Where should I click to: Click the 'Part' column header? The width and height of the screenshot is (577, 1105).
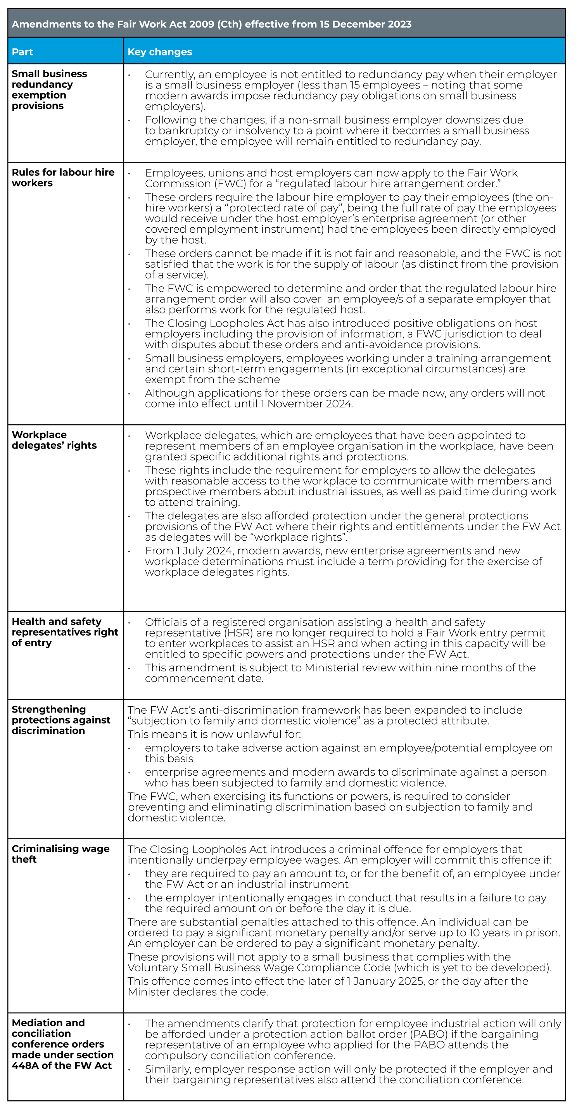tap(22, 52)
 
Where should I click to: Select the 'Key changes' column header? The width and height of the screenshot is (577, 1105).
tap(160, 52)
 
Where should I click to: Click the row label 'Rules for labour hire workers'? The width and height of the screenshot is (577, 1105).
tap(63, 178)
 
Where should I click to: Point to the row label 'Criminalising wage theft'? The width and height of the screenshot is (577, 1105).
tap(60, 854)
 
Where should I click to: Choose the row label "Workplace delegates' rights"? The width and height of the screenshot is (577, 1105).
tap(54, 440)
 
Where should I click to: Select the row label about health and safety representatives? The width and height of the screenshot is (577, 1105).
tap(64, 632)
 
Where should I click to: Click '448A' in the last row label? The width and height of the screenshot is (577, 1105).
tap(25, 1065)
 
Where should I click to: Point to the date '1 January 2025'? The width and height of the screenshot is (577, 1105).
tap(385, 981)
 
